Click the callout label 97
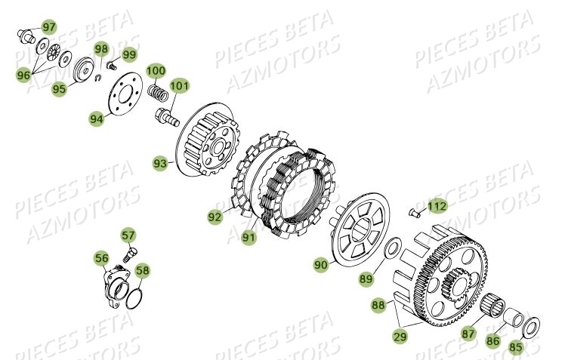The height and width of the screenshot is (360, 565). (48, 28)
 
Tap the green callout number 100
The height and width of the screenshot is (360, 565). (156, 71)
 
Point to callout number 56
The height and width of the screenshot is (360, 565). (101, 259)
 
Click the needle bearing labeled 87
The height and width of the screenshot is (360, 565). (493, 304)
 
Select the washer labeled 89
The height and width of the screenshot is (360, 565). (392, 249)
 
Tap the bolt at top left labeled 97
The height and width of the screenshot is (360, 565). (26, 34)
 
